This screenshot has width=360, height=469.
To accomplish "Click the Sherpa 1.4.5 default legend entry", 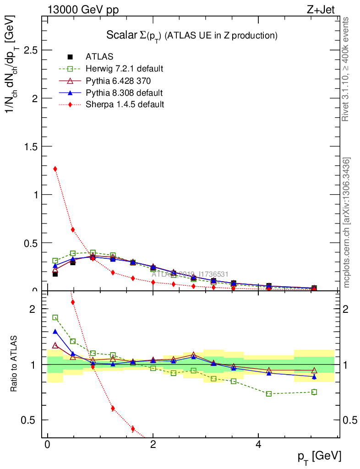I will point(125,104).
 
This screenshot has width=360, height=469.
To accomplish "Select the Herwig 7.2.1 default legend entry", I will point(124,69).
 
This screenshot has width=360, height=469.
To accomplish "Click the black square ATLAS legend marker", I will point(70,57).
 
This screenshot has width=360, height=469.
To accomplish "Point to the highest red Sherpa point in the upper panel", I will point(55,169).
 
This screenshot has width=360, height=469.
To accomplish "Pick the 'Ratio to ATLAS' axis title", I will point(14,364).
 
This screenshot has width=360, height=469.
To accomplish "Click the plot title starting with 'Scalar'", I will point(192,35).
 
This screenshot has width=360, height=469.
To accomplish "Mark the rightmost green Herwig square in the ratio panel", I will point(314,392).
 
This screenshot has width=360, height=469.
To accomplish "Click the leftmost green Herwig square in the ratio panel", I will point(55,317).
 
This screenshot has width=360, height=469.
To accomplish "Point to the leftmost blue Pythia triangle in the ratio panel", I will point(55,332).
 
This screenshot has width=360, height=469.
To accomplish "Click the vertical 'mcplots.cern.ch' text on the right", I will point(347,222).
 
